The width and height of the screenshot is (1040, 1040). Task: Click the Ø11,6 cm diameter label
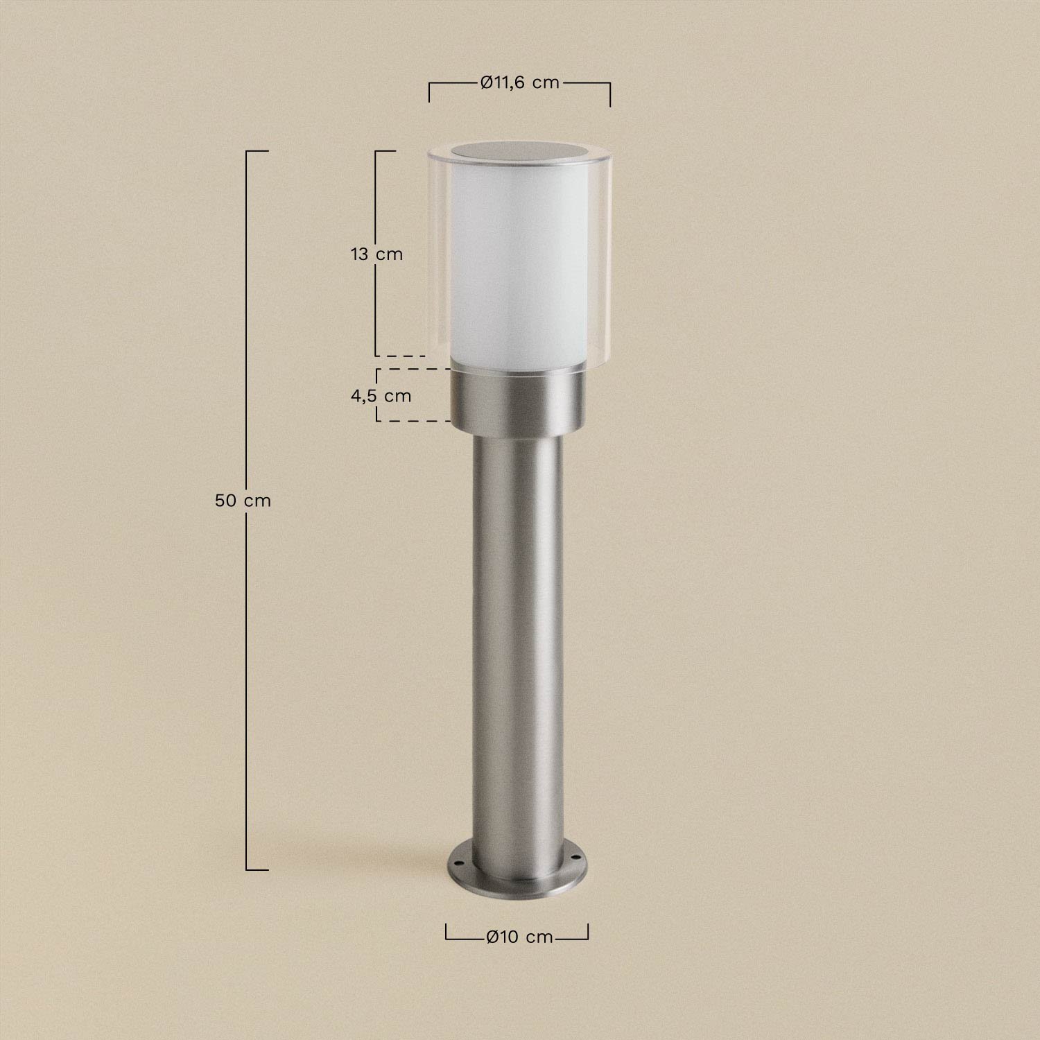coord(519,83)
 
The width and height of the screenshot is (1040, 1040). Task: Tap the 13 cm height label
coord(376,254)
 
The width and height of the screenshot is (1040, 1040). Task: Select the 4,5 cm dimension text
coord(381,396)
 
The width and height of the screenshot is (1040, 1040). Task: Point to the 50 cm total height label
coord(243,500)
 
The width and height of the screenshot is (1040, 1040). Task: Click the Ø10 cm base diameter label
coord(519,937)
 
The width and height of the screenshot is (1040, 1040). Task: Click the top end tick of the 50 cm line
coord(257,150)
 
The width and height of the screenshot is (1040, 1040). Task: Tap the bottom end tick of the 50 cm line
coord(257,869)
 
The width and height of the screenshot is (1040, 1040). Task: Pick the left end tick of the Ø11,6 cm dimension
coord(429,92)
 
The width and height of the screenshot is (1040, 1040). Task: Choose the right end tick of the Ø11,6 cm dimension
coord(610,94)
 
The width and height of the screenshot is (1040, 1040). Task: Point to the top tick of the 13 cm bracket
coord(385,150)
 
